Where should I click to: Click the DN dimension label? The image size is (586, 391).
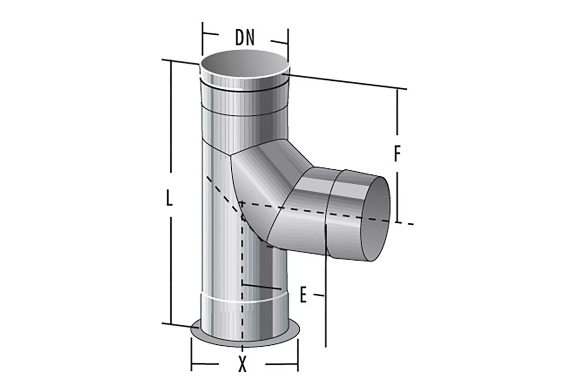click(245, 37)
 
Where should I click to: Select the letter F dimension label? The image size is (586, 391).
click(397, 153)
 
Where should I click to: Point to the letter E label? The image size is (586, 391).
click(303, 295)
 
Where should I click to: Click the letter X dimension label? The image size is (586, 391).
click(243, 364)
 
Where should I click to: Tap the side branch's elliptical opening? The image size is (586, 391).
click(376, 219)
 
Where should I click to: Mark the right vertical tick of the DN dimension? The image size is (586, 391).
click(288, 44)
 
